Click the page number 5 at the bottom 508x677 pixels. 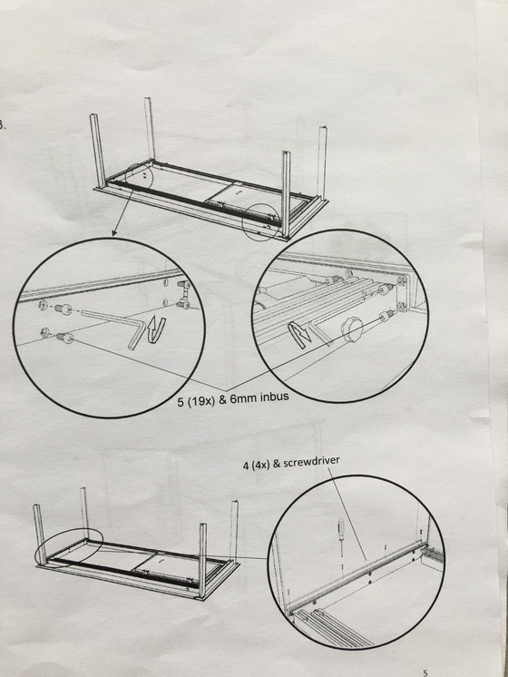click(425, 672)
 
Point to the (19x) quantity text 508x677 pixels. click(201, 401)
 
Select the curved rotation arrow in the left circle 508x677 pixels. click(156, 330)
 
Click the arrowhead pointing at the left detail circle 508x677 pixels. click(114, 233)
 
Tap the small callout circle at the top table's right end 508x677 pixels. click(260, 222)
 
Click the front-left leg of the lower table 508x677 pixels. click(39, 535)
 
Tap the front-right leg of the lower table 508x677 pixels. click(202, 560)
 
